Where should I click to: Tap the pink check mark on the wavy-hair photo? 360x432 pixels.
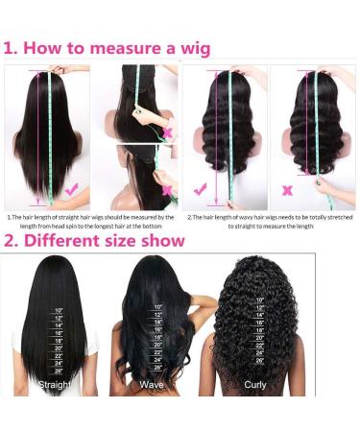click(200, 189)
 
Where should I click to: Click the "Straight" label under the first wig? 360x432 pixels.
click(54, 384)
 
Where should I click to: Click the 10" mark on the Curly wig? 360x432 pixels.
click(259, 300)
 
